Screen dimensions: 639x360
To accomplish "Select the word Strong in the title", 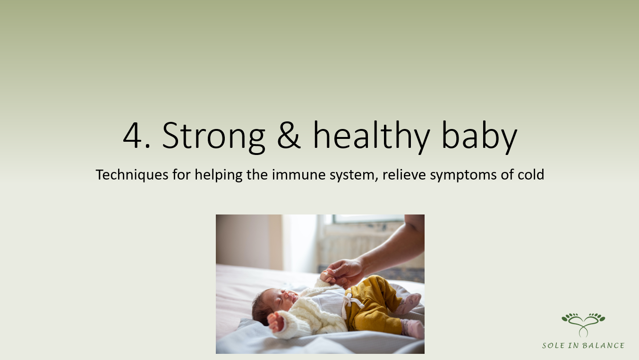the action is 213,137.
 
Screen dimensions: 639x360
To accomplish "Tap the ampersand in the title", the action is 289,135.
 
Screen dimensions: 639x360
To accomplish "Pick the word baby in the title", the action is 479,137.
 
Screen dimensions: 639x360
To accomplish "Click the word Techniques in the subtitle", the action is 132,175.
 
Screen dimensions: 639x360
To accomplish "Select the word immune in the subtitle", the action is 298,175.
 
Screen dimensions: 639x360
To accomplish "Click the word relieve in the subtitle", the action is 404,174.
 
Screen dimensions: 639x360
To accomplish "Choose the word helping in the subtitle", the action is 219,175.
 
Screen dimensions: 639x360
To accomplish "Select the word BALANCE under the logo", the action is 603,346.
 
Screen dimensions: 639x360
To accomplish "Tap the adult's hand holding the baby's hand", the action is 345,272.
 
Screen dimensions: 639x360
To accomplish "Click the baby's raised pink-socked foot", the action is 409,303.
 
